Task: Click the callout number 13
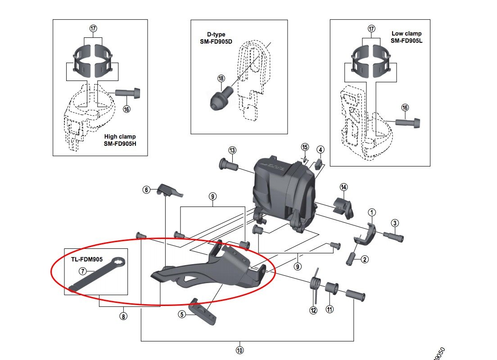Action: click(232, 150)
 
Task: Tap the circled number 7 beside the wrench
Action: click(82, 271)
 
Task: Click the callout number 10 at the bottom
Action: click(239, 349)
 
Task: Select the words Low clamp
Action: click(407, 33)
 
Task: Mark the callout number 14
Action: click(344, 187)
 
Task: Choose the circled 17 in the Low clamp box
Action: click(371, 28)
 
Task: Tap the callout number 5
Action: click(182, 315)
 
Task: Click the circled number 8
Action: click(123, 316)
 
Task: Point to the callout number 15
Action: click(305, 147)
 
